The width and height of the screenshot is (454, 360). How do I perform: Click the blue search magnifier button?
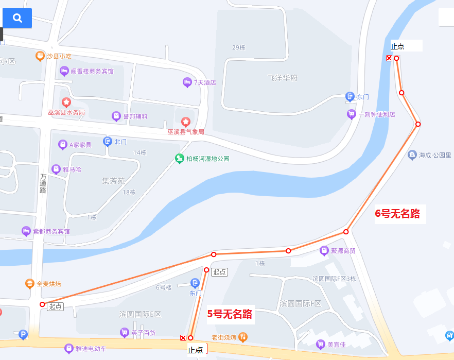click(x=17, y=18)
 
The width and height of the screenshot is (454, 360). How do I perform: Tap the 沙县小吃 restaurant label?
click(x=58, y=56)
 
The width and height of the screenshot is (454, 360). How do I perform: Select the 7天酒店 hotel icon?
click(x=187, y=82)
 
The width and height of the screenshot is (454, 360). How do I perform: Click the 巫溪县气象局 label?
click(x=185, y=132)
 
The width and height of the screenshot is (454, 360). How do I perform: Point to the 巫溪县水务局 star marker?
click(x=66, y=102)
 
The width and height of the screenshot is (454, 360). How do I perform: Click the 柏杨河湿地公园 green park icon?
click(x=179, y=159)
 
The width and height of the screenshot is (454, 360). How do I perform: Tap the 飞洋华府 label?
click(x=283, y=78)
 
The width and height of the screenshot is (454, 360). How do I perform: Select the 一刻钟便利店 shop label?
click(x=377, y=114)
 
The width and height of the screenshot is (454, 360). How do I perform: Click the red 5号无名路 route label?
click(x=230, y=314)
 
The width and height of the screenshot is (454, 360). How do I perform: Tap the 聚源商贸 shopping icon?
click(x=324, y=251)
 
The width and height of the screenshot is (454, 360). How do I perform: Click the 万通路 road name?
click(x=43, y=183)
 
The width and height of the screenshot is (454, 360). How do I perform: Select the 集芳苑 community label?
click(x=114, y=181)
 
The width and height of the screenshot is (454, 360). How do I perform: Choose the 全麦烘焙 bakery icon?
click(x=30, y=284)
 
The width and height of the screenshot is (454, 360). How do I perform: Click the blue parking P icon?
click(x=23, y=335)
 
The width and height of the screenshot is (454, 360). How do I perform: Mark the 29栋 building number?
click(x=239, y=47)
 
